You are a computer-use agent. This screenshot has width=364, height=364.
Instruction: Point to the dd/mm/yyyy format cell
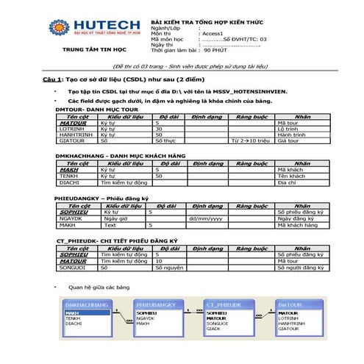[205, 218]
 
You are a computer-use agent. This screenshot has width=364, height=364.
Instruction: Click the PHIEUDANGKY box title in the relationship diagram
[157, 303]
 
